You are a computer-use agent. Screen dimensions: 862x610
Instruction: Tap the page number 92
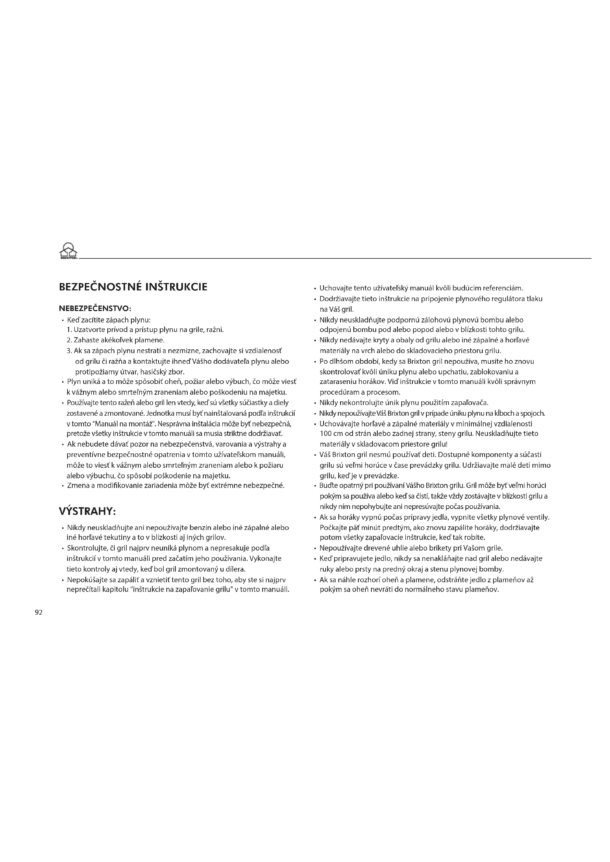pyautogui.click(x=39, y=613)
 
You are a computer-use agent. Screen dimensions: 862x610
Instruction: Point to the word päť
pyautogui.click(x=355, y=527)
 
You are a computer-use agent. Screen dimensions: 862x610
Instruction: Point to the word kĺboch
pyautogui.click(x=504, y=413)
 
